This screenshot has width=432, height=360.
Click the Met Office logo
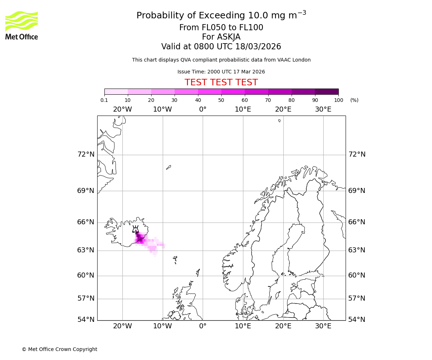click(x=22, y=25)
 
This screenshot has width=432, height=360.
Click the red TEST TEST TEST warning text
click(x=221, y=82)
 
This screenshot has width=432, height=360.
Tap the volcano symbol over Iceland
click(x=135, y=229)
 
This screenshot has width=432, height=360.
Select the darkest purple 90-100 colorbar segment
click(x=327, y=91)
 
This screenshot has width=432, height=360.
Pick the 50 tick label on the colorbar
click(x=221, y=100)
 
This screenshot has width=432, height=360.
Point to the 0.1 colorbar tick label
click(x=104, y=100)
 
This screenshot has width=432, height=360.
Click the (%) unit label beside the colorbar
click(x=354, y=100)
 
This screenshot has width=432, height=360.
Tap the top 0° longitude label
click(x=203, y=109)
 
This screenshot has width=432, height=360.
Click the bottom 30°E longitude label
click(x=323, y=326)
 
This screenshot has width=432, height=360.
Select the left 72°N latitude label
click(x=86, y=154)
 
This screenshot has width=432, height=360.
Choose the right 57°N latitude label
click(x=357, y=298)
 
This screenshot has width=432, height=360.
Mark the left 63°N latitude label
click(x=86, y=250)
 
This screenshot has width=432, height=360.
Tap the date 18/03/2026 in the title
click(x=258, y=47)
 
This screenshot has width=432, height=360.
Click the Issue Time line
click(x=221, y=72)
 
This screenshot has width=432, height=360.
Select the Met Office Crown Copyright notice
click(x=59, y=349)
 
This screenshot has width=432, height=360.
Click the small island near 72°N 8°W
click(x=168, y=167)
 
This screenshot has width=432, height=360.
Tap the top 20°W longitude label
click(x=122, y=109)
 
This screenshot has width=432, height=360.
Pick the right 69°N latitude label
click(x=357, y=191)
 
